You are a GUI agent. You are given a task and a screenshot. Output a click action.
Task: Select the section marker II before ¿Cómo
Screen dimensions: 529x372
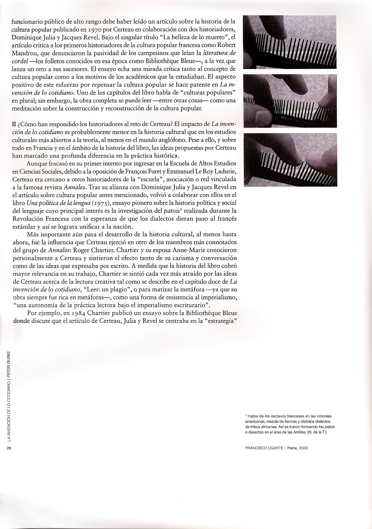[x=14, y=124]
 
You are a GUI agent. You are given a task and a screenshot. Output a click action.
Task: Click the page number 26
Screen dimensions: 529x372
[x=8, y=448]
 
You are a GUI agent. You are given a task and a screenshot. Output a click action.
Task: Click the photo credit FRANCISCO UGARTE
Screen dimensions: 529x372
[x=263, y=448]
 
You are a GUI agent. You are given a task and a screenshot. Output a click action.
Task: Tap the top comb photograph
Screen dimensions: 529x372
[x=290, y=42]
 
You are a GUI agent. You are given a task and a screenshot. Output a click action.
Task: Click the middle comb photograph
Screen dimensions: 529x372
[x=290, y=101]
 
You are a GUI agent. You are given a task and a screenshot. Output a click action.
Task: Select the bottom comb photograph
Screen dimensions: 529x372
[x=290, y=160]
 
